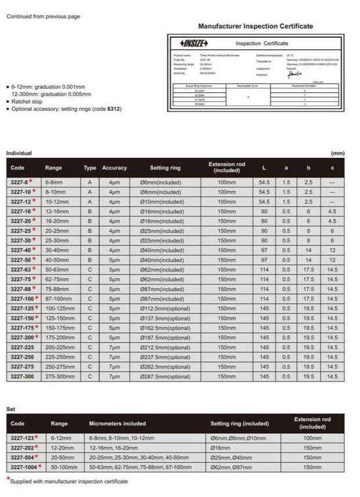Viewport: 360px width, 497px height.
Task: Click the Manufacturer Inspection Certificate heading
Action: (x=256, y=26)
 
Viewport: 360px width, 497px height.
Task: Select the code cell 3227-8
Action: (x=20, y=182)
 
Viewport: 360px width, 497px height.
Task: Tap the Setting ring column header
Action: (x=165, y=168)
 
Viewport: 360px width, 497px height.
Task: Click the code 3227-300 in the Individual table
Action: (x=22, y=376)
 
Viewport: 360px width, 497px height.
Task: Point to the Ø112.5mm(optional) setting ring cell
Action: (x=165, y=308)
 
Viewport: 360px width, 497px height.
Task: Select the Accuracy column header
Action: (x=114, y=168)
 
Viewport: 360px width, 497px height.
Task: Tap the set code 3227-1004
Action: (x=24, y=467)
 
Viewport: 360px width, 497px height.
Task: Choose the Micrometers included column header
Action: (x=117, y=423)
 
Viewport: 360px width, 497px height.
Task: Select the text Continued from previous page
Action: (x=43, y=17)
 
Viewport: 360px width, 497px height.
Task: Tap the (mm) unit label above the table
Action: (x=337, y=153)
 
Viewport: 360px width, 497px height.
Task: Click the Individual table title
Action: (x=19, y=153)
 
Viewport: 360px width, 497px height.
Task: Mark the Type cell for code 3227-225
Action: (x=90, y=347)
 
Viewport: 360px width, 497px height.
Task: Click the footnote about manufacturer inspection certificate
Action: (x=68, y=481)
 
